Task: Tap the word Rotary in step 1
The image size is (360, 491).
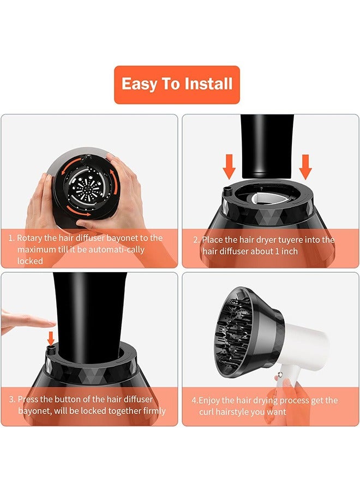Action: click(x=31, y=238)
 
